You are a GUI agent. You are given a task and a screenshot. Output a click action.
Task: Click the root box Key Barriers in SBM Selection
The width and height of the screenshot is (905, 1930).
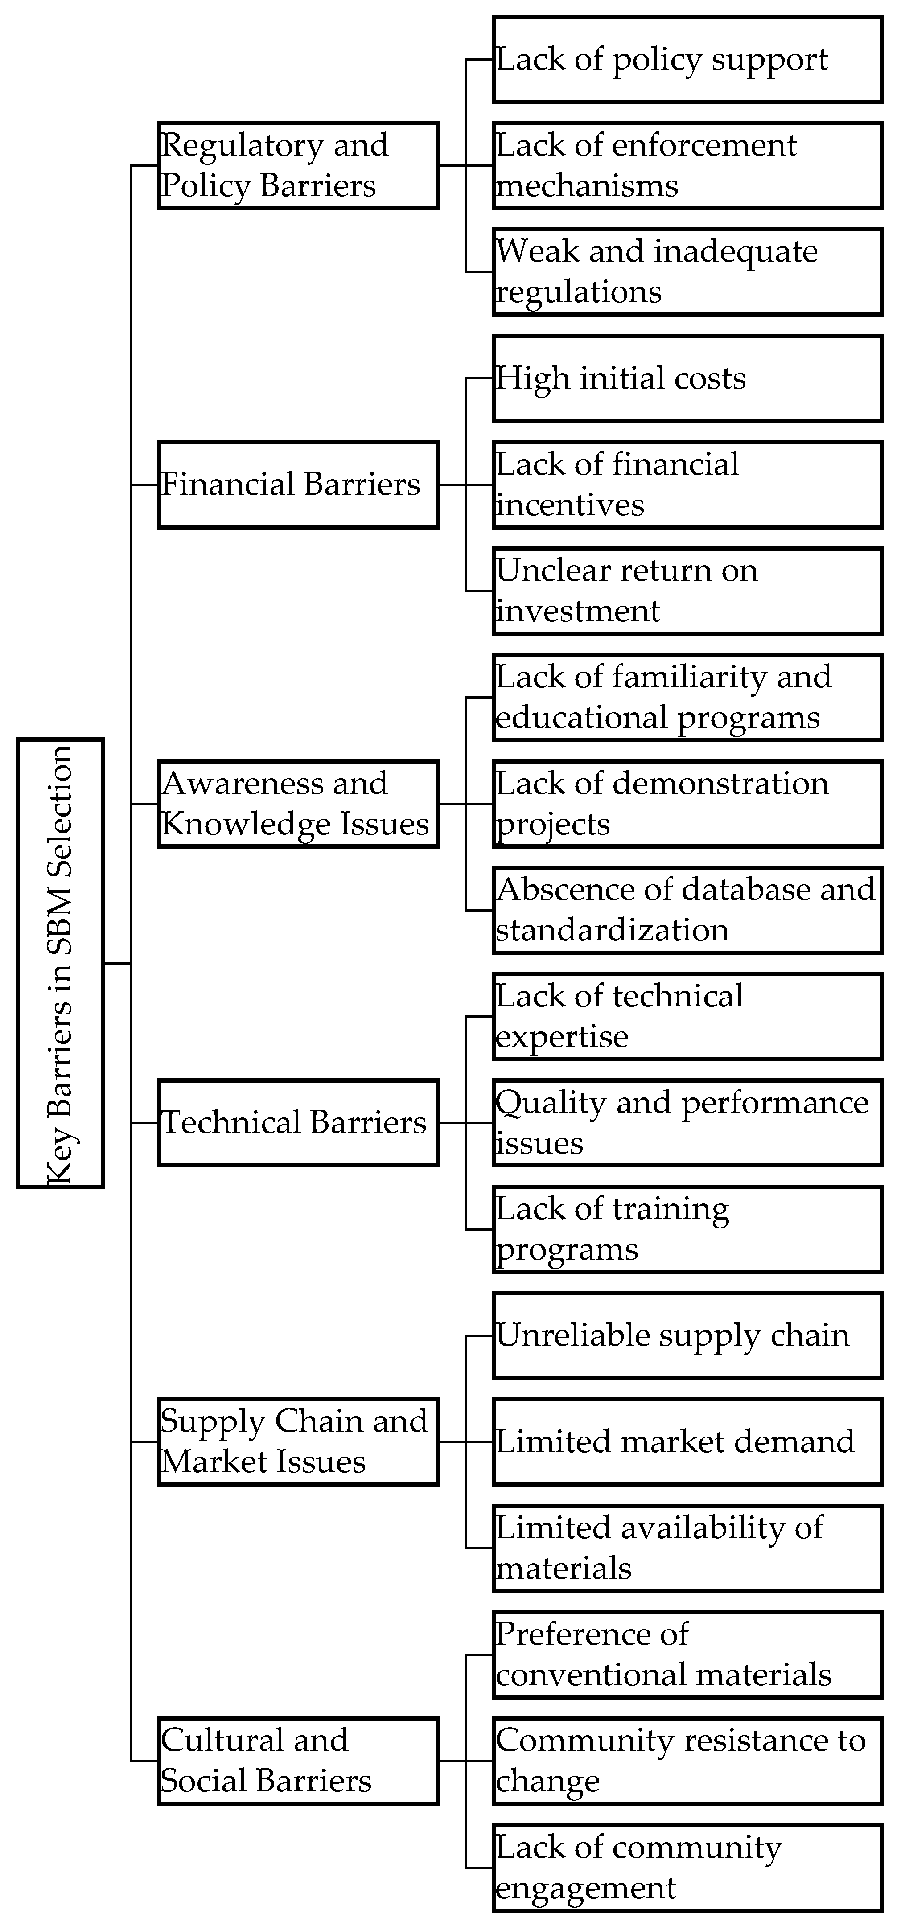click(x=60, y=963)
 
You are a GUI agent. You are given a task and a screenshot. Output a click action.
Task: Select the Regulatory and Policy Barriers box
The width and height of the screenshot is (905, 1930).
click(x=297, y=165)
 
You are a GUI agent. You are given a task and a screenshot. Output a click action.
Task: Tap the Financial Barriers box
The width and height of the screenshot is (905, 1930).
click(x=297, y=485)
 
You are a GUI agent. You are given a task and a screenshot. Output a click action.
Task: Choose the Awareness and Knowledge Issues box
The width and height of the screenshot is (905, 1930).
click(x=297, y=804)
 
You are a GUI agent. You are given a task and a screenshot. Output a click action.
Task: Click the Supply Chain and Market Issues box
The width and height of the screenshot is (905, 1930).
click(x=297, y=1441)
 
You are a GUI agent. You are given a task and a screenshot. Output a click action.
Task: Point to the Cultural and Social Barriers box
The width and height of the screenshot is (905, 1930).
click(x=297, y=1761)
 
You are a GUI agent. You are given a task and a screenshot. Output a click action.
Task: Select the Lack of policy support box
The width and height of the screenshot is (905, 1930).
click(x=687, y=60)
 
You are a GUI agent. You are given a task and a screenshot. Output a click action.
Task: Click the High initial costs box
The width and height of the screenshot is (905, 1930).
click(x=687, y=378)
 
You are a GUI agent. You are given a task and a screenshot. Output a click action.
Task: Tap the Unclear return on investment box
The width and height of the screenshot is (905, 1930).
click(x=687, y=591)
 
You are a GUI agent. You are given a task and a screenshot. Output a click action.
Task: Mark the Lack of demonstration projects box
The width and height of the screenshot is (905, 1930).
click(x=687, y=804)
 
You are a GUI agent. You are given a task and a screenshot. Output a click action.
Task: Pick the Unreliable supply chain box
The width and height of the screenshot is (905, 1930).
click(x=687, y=1336)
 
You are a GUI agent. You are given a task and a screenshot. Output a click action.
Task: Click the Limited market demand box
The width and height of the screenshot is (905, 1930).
click(x=687, y=1441)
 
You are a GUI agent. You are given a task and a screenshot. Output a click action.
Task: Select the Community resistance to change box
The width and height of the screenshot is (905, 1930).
click(x=687, y=1761)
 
